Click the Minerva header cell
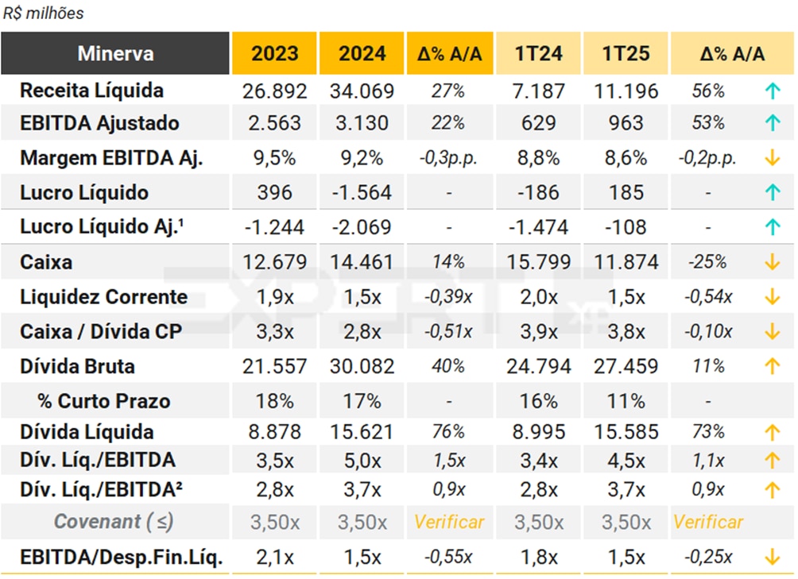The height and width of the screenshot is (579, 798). click(x=115, y=54)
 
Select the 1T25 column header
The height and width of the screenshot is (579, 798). click(x=626, y=54)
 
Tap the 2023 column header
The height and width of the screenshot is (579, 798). click(x=274, y=54)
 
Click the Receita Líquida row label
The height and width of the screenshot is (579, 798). click(x=91, y=91)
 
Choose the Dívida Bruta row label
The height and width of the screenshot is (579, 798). click(x=77, y=366)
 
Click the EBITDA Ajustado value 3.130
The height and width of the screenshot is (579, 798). click(x=362, y=123)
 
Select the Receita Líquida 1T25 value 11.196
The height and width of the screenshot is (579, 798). click(x=626, y=91)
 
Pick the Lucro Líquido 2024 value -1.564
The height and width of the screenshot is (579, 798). click(x=362, y=193)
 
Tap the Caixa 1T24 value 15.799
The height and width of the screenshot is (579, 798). click(x=539, y=262)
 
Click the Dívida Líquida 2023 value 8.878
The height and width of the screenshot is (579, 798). click(x=274, y=432)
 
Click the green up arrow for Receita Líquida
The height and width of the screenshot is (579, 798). click(x=771, y=91)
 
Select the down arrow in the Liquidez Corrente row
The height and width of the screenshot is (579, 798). click(x=771, y=297)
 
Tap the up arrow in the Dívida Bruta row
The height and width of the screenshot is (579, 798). click(x=771, y=366)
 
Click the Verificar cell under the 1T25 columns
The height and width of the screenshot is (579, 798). click(x=707, y=522)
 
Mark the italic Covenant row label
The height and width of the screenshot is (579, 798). click(x=113, y=522)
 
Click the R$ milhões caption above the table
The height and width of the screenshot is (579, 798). click(x=43, y=14)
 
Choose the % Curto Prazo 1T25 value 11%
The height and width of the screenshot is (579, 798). click(x=626, y=400)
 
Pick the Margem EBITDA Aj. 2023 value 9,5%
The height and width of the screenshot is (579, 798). click(x=274, y=158)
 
